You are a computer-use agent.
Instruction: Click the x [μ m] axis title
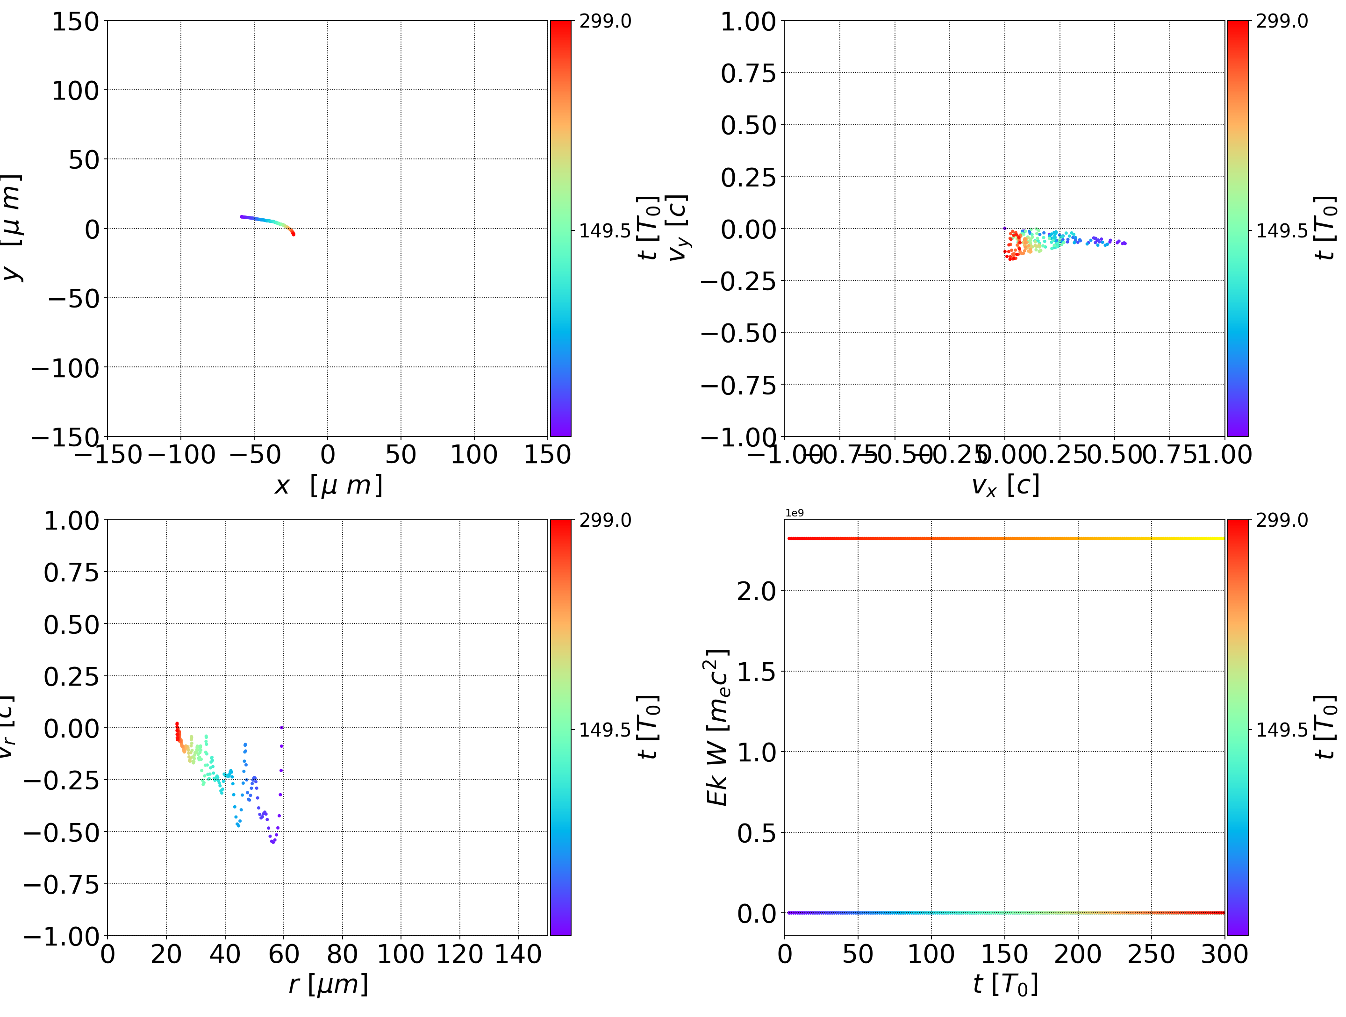(328, 486)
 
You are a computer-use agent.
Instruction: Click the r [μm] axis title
(328, 984)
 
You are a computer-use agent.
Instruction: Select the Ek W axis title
(717, 727)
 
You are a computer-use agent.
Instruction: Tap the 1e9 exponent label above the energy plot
(794, 513)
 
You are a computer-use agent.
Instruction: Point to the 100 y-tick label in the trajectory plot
(75, 91)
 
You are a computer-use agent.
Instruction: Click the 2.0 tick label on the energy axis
(756, 591)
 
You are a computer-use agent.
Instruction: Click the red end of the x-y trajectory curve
(294, 234)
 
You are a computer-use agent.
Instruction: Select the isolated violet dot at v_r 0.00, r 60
(282, 727)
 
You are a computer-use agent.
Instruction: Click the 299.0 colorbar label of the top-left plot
(605, 21)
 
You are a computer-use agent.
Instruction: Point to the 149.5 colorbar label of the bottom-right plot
(1282, 730)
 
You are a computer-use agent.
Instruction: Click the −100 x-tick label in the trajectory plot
(181, 455)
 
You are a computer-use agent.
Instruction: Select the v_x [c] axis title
(1005, 486)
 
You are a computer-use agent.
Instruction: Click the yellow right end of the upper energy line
(1222, 538)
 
